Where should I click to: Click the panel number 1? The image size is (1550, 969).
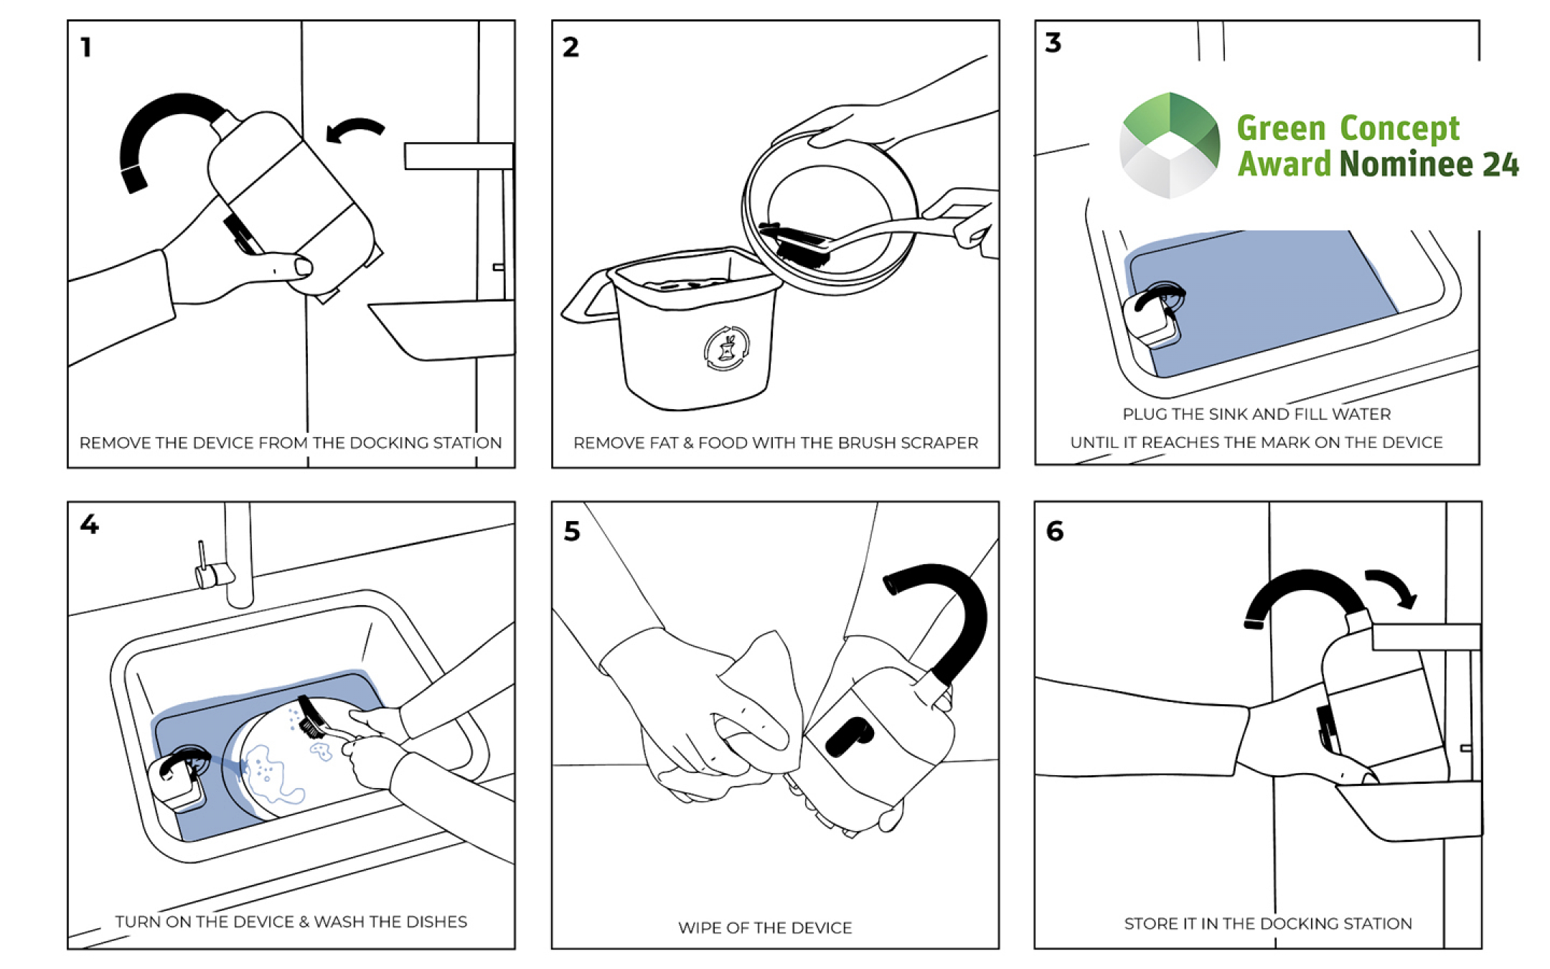point(86,47)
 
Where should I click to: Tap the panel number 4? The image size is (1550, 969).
point(89,524)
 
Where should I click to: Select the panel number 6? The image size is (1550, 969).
point(1054,531)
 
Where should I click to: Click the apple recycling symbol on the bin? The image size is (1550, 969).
point(726,349)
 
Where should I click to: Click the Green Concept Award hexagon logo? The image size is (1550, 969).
point(1170,145)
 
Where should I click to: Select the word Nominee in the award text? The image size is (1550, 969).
point(1405,164)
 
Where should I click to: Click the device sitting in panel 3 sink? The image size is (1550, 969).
point(1154,314)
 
